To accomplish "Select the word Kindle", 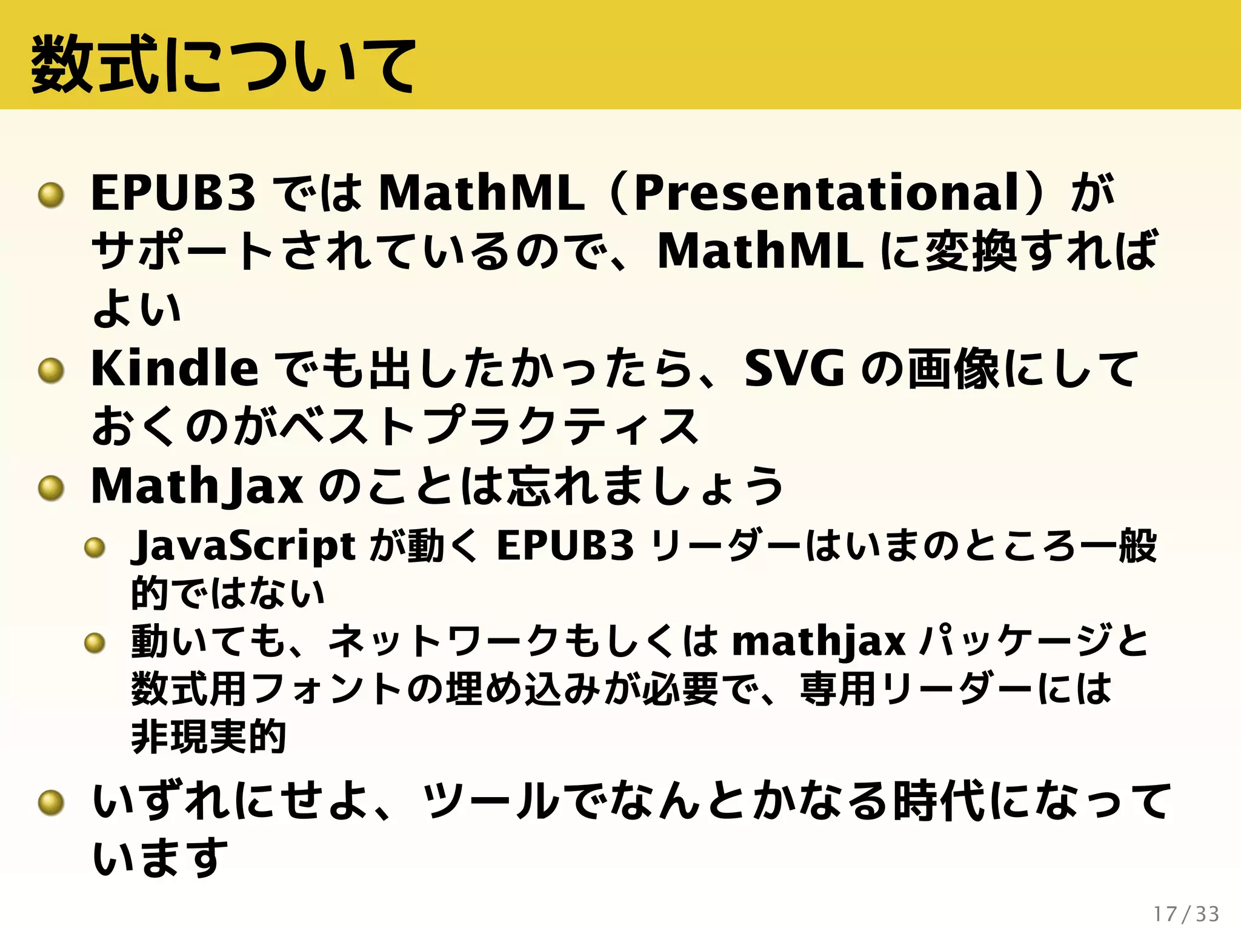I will tap(174, 369).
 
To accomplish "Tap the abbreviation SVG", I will tap(794, 369).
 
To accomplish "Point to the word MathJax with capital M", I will tap(197, 486).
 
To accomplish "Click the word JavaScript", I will tap(243, 546).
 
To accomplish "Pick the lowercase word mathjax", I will tap(819, 641).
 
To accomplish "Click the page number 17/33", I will tap(1186, 913).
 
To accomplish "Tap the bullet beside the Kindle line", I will tap(51, 371).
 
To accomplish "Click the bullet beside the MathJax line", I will tap(51, 489).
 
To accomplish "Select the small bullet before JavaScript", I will tap(95, 548).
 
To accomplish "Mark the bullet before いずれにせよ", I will tap(51, 803).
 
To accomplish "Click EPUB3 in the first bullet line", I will tap(173, 193).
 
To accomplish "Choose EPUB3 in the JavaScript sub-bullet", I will tap(565, 546).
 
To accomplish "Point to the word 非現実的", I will tap(208, 737).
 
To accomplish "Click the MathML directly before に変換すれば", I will tap(760, 251).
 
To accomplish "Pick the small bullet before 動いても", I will tap(95, 642).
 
